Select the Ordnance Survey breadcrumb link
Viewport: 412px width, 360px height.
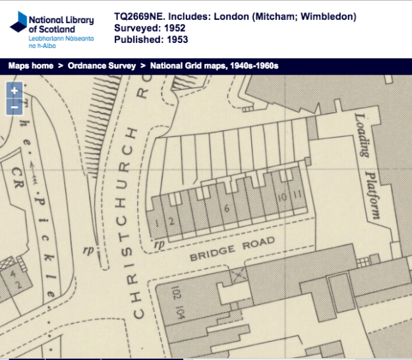102,66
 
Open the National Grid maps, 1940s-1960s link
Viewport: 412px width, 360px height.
214,66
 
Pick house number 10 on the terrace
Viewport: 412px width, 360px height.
281,197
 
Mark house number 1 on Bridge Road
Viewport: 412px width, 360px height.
157,224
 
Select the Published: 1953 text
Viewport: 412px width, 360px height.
151,40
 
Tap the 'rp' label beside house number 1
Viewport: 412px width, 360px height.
158,245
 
